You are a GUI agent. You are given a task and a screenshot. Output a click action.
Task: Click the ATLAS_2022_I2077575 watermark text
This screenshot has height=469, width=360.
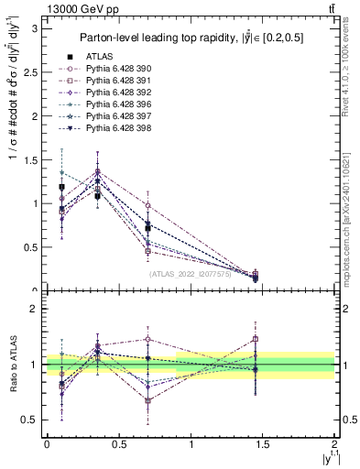tap(191, 273)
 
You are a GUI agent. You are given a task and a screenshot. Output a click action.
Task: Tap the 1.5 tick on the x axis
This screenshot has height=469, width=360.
tap(263, 443)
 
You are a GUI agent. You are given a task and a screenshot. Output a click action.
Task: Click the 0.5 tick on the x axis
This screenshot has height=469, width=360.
tap(118, 443)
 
